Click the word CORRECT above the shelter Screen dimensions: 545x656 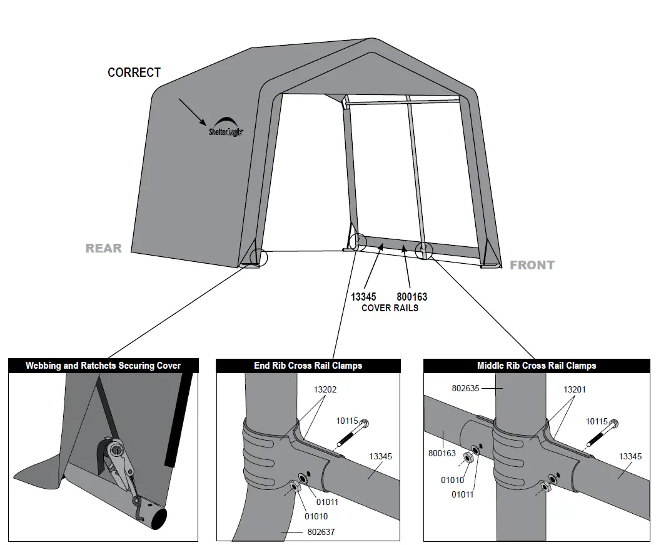coord(134,72)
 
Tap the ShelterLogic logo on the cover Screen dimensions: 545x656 coord(226,126)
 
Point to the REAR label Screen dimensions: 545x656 coord(104,248)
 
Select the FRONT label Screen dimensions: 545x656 coord(532,265)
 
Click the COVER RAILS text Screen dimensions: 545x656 coord(390,307)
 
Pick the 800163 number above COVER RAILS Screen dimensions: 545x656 coord(411,297)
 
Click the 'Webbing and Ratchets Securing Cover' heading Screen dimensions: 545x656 coord(103,366)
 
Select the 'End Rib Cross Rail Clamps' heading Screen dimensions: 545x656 coord(308,366)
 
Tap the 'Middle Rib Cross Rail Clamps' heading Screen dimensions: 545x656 coord(537,366)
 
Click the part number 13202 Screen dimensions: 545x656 coord(325,389)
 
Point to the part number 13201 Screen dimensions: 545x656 coord(574,389)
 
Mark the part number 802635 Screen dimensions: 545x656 coord(465,388)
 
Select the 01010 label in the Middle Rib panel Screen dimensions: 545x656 coord(453,480)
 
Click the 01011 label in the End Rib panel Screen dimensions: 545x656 coord(327,501)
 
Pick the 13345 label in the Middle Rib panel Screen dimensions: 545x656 coord(630,456)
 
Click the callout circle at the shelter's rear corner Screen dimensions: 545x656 coord(258,257)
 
